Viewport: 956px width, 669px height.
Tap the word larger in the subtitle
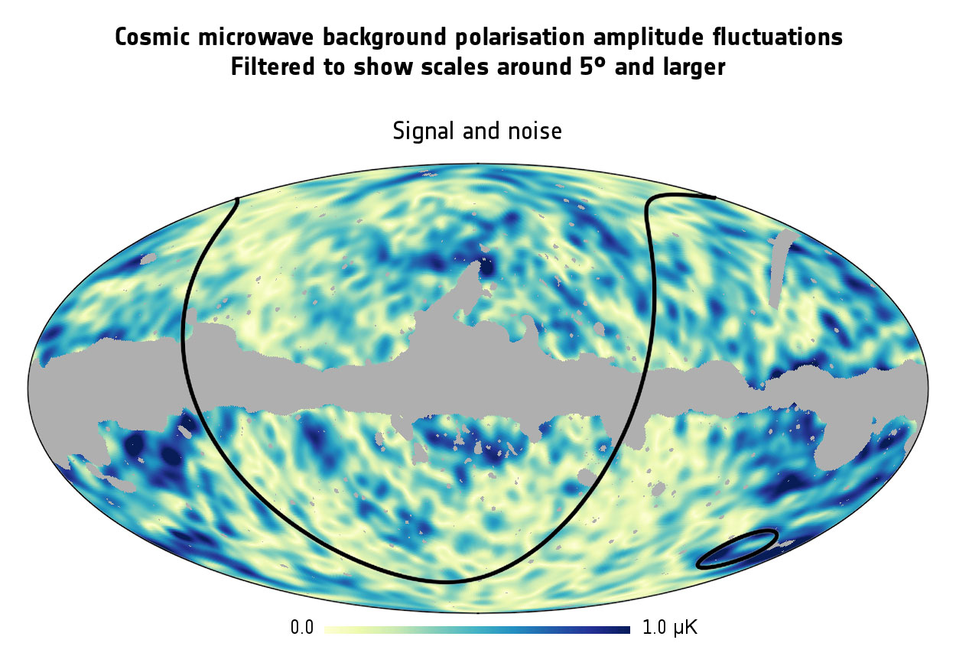[x=690, y=67]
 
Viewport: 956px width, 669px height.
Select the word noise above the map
[x=530, y=132]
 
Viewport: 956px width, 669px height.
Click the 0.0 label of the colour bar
[x=302, y=629]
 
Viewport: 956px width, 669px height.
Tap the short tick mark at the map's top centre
[x=478, y=163]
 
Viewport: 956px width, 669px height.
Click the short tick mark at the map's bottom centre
[x=478, y=612]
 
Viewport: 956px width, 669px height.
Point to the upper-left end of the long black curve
[x=237, y=200]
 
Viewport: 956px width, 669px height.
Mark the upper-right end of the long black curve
[x=714, y=198]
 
